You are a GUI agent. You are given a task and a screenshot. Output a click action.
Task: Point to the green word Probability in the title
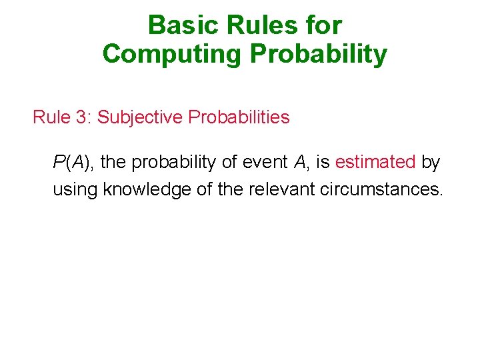[318, 54]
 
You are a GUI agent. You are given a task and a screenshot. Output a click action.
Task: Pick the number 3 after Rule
[81, 117]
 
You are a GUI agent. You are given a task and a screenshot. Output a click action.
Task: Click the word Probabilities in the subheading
[239, 117]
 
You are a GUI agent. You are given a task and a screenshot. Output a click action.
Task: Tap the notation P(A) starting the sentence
[73, 162]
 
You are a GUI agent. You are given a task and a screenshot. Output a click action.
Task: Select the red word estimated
[375, 162]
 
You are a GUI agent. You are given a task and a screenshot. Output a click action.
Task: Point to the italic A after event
[298, 162]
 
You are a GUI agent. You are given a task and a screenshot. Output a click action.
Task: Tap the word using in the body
[75, 190]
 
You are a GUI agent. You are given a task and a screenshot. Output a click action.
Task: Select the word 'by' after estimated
[431, 162]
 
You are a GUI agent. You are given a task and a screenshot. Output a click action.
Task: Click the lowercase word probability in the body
[169, 163]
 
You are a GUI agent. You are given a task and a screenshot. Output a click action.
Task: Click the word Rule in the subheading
[51, 117]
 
